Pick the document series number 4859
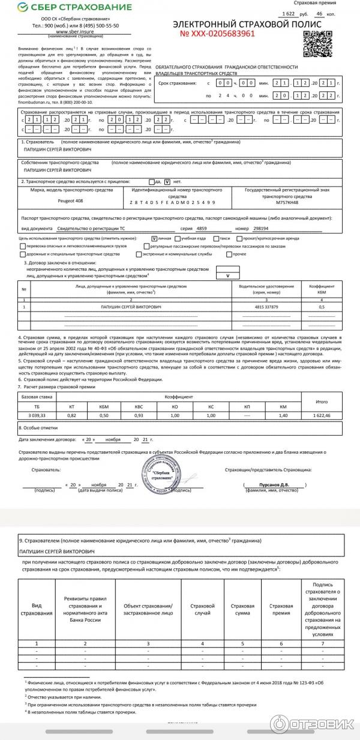pos(201,229)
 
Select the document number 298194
pos(260,229)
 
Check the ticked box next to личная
pos(154,238)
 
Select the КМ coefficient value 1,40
pos(283,415)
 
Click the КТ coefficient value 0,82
pos(72,415)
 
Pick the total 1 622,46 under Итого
pos(322,415)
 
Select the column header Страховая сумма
pos(242,610)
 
